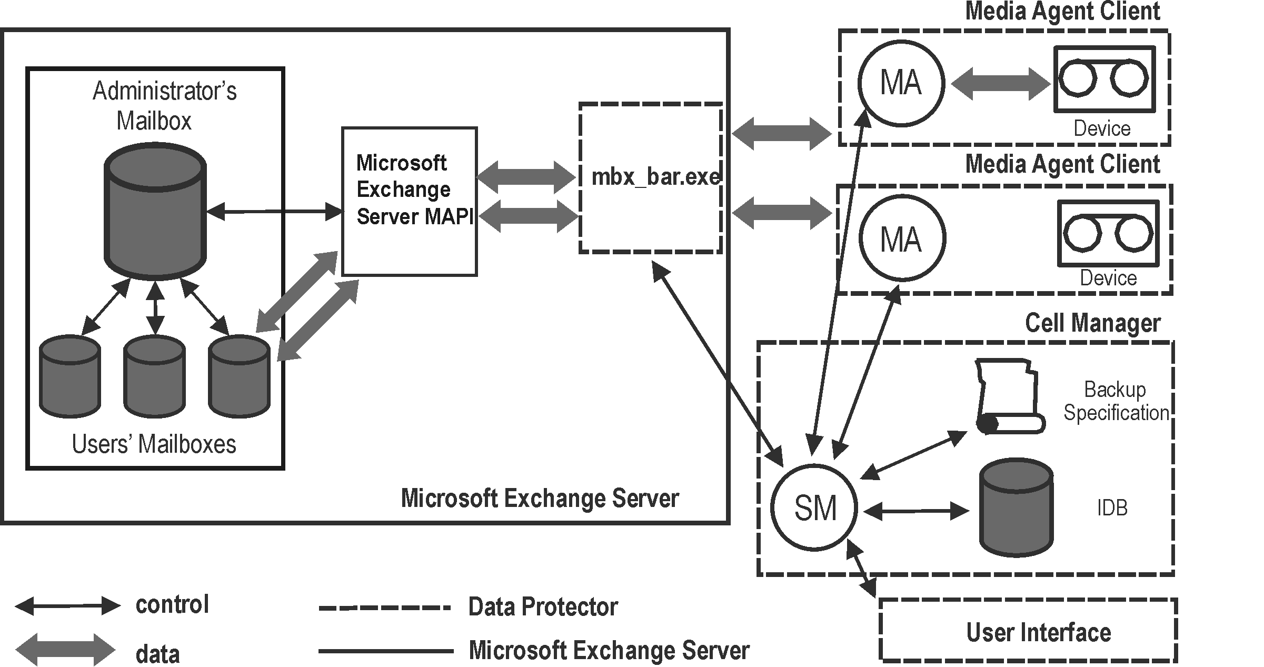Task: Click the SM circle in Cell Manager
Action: [814, 507]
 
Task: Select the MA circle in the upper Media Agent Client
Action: [901, 83]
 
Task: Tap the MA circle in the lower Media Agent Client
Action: [902, 238]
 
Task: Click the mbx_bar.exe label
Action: [655, 177]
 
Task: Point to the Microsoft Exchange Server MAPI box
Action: [409, 201]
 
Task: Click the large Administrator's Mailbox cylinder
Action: [155, 211]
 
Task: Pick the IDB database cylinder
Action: [1016, 507]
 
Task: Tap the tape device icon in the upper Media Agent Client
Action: [1104, 79]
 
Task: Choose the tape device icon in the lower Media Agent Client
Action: [1108, 233]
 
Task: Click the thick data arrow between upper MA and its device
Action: [1000, 84]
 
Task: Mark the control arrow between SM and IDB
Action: [916, 511]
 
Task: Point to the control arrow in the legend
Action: [67, 605]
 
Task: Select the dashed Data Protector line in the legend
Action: [384, 608]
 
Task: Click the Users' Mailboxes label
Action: [154, 444]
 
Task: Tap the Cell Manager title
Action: [1092, 323]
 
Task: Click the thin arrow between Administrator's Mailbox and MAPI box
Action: [274, 212]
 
